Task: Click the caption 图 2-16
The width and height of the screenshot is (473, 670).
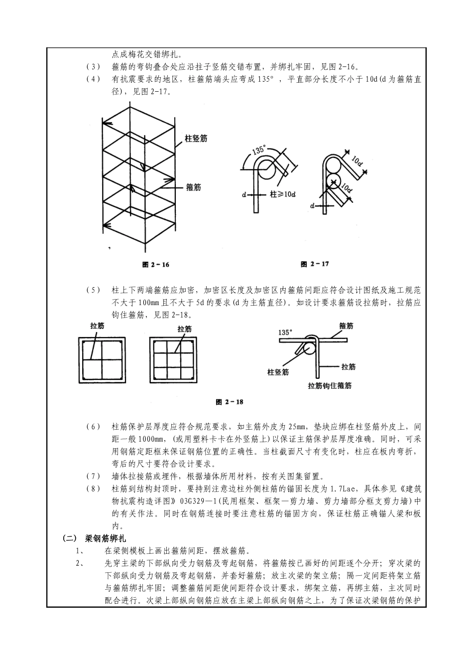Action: click(x=155, y=265)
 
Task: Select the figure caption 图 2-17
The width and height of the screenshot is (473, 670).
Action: click(x=315, y=264)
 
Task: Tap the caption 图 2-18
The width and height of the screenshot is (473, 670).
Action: click(x=230, y=402)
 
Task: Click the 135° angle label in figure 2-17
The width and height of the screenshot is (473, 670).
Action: click(x=258, y=149)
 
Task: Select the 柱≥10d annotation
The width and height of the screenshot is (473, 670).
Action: click(x=282, y=194)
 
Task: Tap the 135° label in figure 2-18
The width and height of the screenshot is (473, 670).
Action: click(x=286, y=332)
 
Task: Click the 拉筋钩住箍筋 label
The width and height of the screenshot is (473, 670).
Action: click(x=330, y=385)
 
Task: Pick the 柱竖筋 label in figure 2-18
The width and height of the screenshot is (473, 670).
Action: click(x=278, y=371)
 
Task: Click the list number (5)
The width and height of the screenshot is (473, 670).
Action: click(x=93, y=290)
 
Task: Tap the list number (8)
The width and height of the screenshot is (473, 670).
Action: click(x=93, y=489)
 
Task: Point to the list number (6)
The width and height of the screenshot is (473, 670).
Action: click(x=93, y=427)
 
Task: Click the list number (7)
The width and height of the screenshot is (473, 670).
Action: click(x=93, y=477)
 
